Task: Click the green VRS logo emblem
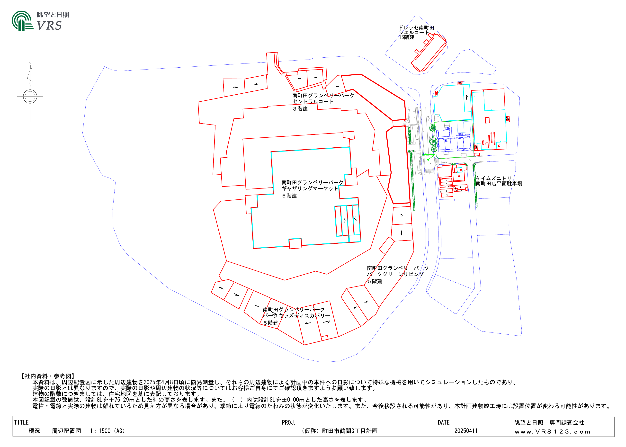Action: (22, 21)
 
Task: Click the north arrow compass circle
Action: (30, 97)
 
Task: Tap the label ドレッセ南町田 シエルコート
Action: (416, 30)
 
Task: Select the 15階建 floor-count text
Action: (406, 37)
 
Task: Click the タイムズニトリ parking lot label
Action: (499, 181)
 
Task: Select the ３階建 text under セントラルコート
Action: (300, 109)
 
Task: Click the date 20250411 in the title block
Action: (466, 431)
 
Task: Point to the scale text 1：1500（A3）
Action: (107, 431)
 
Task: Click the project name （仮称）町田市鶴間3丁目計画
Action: (339, 431)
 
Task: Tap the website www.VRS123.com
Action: (553, 432)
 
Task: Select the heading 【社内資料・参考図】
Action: (48, 376)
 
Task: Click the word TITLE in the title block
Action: (21, 422)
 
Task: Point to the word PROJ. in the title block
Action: (288, 422)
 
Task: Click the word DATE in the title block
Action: (444, 422)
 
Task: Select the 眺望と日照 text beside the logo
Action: (53, 15)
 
